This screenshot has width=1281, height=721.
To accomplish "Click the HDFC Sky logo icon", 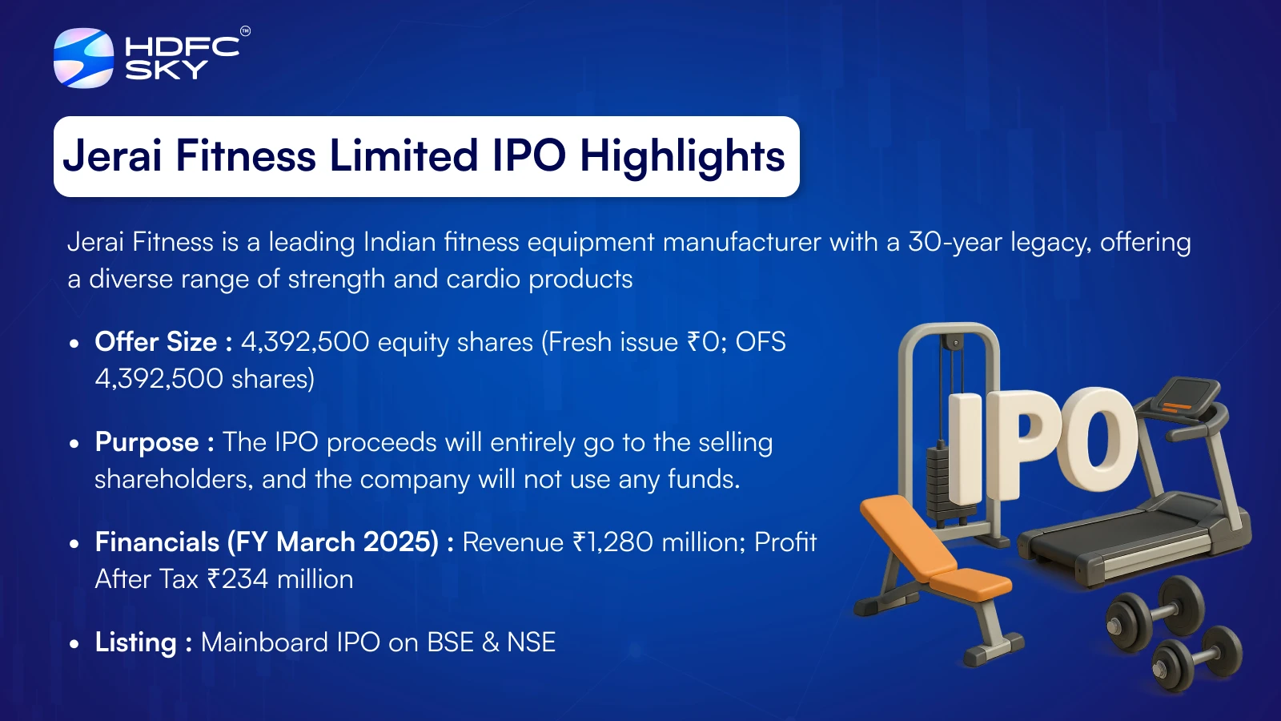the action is tap(83, 58).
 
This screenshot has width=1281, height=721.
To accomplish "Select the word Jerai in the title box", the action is tap(113, 155).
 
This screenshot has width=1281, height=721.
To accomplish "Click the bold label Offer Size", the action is tap(155, 342).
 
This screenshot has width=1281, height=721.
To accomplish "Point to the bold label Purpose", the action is tap(147, 443).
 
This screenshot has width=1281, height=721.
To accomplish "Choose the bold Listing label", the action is tap(136, 642).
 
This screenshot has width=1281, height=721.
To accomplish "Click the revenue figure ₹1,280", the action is tap(612, 542).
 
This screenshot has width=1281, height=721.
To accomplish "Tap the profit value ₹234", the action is tap(237, 579).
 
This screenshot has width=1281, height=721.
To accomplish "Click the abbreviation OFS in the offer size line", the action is tap(761, 342).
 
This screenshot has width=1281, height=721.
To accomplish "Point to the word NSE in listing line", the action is tap(532, 642).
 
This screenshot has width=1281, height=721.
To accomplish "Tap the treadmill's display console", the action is tap(1186, 395).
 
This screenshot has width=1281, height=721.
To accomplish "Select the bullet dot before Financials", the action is tap(73, 543).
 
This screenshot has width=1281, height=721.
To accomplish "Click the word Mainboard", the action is tap(291, 642).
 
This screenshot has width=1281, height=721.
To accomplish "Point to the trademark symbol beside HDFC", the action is tap(245, 31).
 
